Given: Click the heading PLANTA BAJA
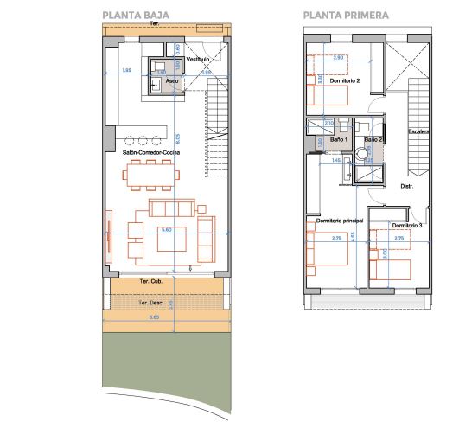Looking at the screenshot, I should tap(135, 15).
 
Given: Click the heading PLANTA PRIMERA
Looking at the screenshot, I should tap(345, 15).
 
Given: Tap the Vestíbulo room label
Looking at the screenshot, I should tap(199, 59).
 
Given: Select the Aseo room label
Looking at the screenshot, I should tap(173, 79).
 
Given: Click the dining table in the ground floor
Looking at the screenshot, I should tap(152, 176).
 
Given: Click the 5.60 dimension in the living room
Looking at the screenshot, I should tap(168, 229).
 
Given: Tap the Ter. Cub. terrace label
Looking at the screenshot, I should tap(151, 282).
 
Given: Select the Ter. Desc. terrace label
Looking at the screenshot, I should tap(151, 303).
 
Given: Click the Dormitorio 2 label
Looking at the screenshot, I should tap(345, 80).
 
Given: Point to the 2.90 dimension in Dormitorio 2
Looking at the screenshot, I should tap(339, 57).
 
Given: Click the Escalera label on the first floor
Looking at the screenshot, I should tap(418, 131).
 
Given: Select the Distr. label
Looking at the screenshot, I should tap(405, 186).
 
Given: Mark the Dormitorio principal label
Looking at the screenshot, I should tap(340, 221).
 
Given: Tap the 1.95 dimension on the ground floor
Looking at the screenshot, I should tap(126, 70).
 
